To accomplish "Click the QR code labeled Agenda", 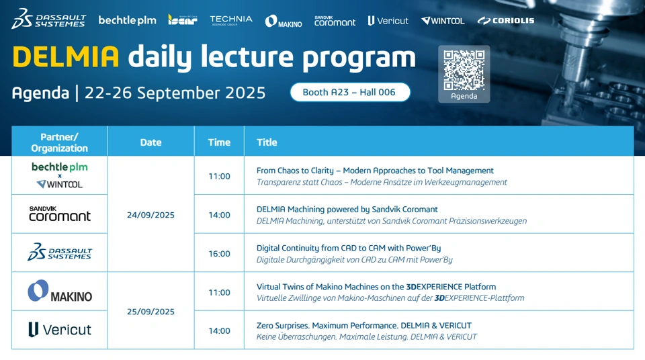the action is click(x=464, y=70).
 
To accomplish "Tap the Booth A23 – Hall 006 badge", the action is click(x=350, y=92).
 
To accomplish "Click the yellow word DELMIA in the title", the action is click(x=66, y=57).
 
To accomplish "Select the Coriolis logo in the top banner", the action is click(x=505, y=21).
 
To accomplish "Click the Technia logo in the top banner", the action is click(x=230, y=20).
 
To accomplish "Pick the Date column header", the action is click(x=150, y=142).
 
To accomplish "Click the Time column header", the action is click(x=219, y=142).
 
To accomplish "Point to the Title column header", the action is click(x=267, y=142).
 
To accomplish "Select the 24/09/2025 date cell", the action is click(x=150, y=215).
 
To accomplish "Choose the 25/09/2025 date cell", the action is click(x=150, y=312).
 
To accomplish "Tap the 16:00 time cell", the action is click(x=219, y=253).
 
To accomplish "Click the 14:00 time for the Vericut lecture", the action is click(x=219, y=331).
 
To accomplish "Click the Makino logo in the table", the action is click(x=60, y=291).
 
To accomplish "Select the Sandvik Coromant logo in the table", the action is click(x=60, y=214).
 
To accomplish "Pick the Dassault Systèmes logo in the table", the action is click(x=60, y=252).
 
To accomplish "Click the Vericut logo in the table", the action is click(x=60, y=330).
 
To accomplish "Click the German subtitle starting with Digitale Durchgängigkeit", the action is click(x=354, y=260).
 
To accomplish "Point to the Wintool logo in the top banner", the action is click(x=443, y=21).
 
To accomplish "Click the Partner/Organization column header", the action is click(x=59, y=142).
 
